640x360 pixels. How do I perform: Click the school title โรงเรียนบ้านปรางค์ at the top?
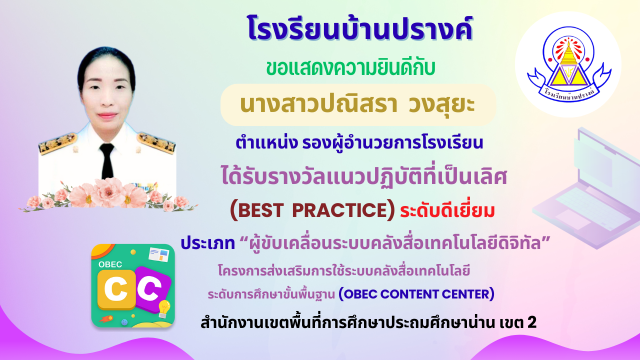click(x=359, y=28)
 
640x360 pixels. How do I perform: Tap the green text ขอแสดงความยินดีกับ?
click(x=351, y=68)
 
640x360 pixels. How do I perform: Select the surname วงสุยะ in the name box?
click(x=441, y=104)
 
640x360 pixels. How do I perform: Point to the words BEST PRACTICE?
click(x=312, y=210)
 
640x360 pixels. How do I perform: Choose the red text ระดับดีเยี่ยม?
click(x=447, y=211)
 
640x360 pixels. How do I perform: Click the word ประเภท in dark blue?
click(x=207, y=243)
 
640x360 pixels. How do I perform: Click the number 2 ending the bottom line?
click(x=532, y=322)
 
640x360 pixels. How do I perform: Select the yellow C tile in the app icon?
click(x=116, y=289)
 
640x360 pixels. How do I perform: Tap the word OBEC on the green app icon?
click(x=110, y=264)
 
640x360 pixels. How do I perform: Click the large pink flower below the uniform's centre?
click(x=109, y=192)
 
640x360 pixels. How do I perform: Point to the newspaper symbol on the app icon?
click(x=159, y=254)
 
